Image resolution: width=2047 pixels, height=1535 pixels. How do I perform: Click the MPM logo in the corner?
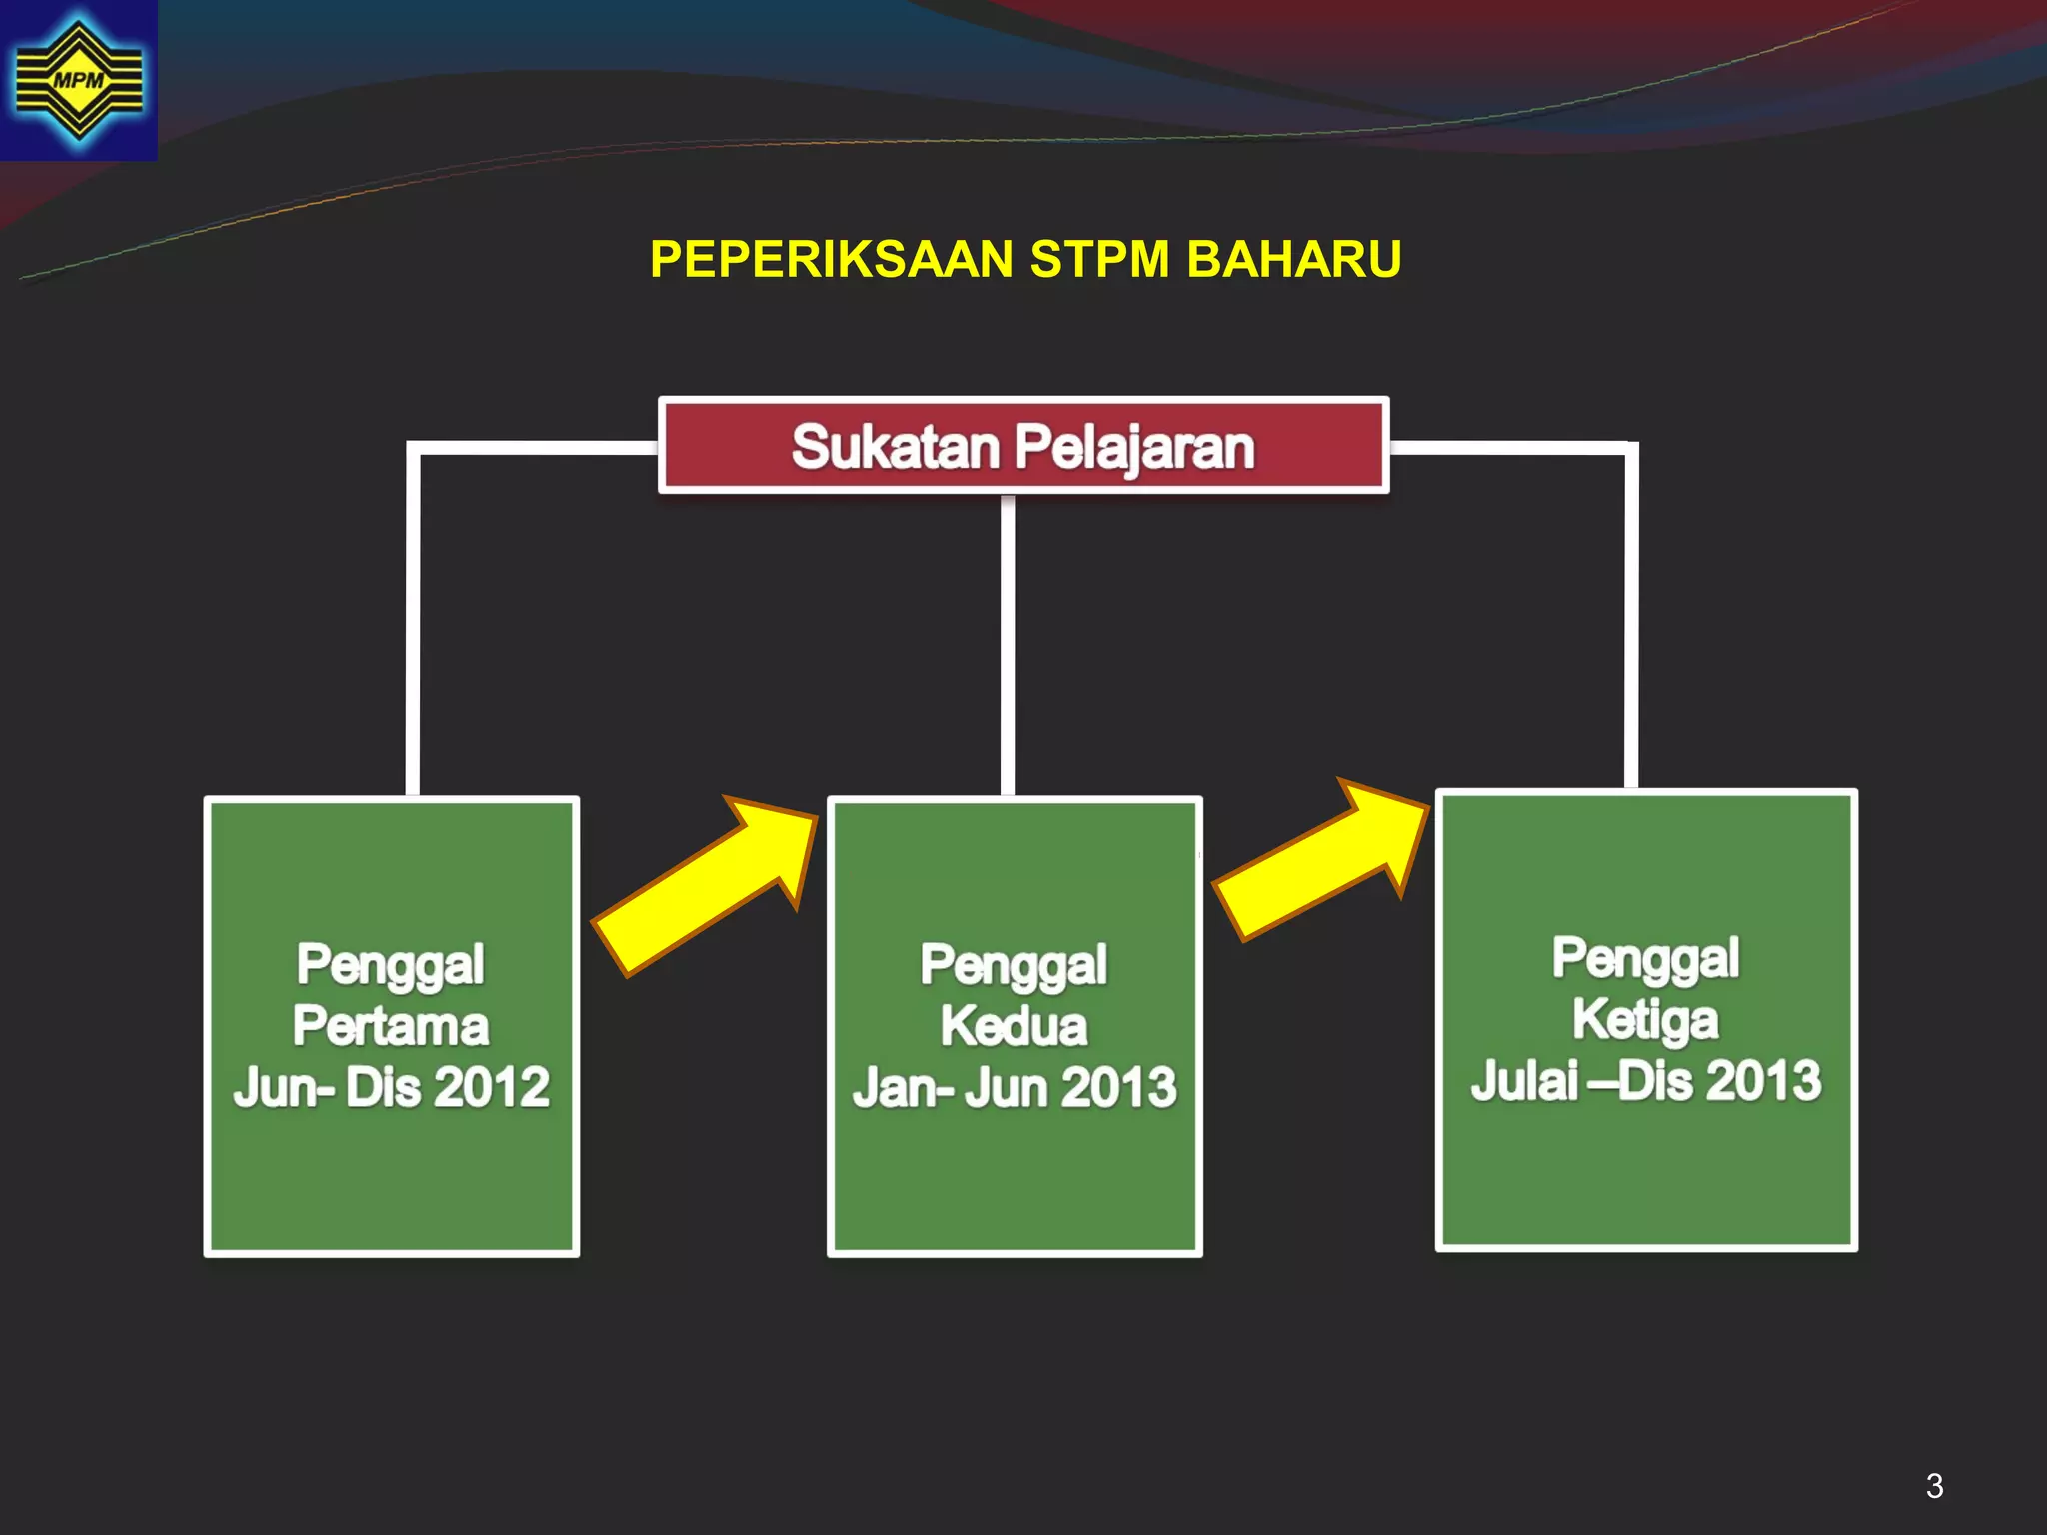coord(78,80)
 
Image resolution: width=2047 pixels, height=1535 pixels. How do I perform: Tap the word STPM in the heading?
coord(1099,259)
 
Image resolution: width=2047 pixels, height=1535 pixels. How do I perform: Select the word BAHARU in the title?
coord(1294,259)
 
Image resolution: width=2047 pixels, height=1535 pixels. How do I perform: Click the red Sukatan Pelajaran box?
coord(1023,446)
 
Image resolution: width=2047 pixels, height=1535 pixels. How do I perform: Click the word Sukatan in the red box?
coord(895,447)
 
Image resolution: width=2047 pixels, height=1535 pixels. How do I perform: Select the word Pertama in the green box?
coord(391,1026)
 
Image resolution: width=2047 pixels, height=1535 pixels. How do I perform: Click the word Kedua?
coord(1014,1026)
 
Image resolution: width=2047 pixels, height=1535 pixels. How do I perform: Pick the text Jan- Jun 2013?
coord(1014,1087)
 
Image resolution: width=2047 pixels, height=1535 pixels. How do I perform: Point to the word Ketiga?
coord(1645,1020)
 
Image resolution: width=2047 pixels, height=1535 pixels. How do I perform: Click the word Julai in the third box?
coord(1524,1081)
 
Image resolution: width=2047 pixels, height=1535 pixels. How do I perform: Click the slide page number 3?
coord(1934,1486)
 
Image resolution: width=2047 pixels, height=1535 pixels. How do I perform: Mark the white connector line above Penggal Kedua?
coord(1008,645)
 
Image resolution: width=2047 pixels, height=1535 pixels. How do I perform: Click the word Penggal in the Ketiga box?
coord(1645,958)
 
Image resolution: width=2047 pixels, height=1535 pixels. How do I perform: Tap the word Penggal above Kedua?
coord(1014,965)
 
